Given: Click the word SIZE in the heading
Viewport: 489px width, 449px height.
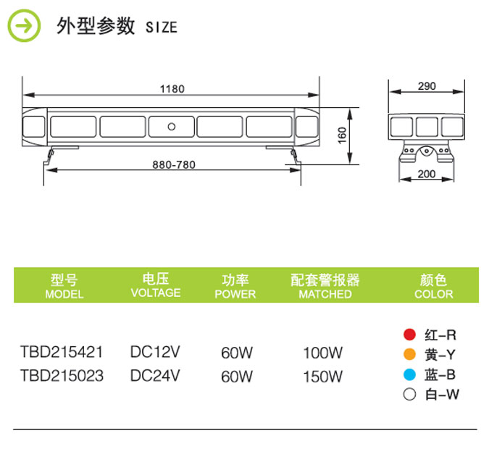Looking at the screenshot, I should click(161, 28).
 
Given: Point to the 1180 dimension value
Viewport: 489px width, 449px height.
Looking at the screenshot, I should click(172, 89).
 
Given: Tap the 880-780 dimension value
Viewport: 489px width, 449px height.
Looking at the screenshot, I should click(174, 164).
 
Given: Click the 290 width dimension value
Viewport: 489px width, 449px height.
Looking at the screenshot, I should click(427, 86).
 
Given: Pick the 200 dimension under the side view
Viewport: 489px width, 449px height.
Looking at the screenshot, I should click(427, 174).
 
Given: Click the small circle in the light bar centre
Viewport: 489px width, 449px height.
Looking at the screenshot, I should click(172, 126).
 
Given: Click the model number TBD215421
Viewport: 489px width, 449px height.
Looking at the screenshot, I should click(62, 353).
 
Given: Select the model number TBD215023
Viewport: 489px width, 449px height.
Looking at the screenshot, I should click(62, 376).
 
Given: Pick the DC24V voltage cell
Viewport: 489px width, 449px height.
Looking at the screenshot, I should click(154, 376).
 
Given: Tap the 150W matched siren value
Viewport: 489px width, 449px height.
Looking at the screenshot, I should click(322, 377).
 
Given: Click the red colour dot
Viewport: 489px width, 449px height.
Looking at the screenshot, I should click(409, 335).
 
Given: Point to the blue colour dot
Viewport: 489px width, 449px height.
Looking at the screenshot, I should click(409, 374).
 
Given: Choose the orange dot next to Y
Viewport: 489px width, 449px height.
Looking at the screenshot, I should click(409, 355).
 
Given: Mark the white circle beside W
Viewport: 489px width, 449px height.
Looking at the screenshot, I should click(409, 395).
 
